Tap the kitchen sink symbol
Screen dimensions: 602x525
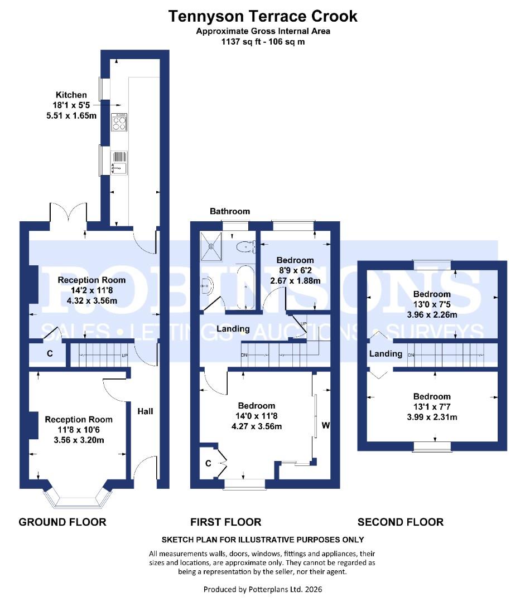[x=120, y=162]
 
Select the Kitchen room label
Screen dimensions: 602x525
[x=71, y=95]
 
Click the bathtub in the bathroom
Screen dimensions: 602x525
[x=245, y=287]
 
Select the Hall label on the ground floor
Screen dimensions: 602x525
[x=145, y=411]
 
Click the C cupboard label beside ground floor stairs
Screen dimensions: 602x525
[x=50, y=354]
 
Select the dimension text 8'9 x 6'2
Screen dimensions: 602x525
[x=295, y=270]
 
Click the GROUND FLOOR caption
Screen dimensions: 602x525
[x=62, y=522]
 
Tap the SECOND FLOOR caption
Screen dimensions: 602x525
[x=400, y=522]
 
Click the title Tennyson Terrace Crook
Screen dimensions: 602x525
[x=263, y=17]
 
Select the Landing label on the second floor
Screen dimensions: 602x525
[x=386, y=353]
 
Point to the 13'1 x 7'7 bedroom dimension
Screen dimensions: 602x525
[x=432, y=407]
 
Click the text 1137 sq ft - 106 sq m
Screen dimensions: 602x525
[x=263, y=42]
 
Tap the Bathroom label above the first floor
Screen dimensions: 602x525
[x=230, y=211]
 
